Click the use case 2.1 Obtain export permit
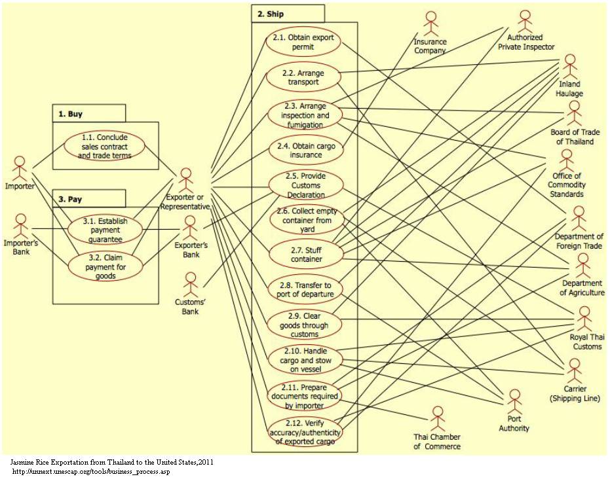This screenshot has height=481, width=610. tap(303, 42)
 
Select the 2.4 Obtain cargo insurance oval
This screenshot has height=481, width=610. tap(305, 151)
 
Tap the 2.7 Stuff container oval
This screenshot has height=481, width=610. tap(305, 255)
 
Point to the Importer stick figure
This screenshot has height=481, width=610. tap(21, 168)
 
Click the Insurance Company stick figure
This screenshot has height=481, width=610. tap(430, 24)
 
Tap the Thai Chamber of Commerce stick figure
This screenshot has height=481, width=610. tap(437, 418)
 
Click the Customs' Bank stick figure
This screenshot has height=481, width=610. tap(191, 283)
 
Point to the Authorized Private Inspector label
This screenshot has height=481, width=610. tap(526, 43)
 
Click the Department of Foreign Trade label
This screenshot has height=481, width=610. tap(579, 241)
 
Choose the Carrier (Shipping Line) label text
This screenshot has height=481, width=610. tap(575, 393)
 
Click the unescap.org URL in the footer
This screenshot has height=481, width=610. tap(91, 472)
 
